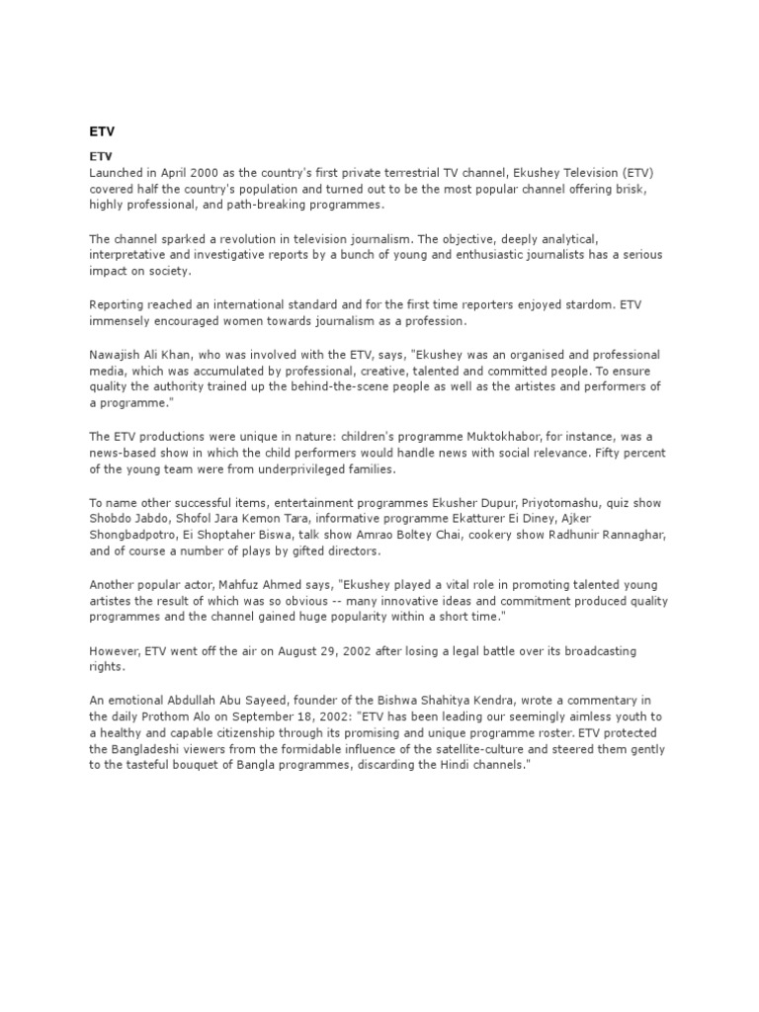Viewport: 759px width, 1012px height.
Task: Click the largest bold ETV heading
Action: pyautogui.click(x=102, y=130)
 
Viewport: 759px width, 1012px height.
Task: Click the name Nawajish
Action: pyautogui.click(x=121, y=354)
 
